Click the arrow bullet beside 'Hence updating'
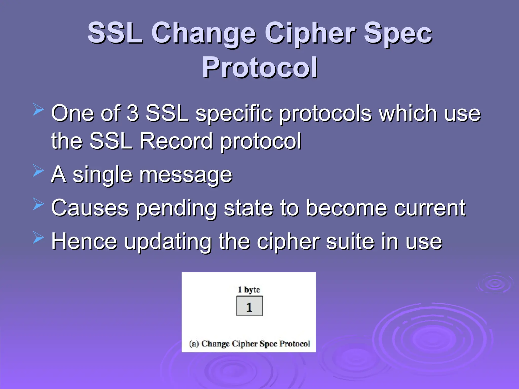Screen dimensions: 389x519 38,238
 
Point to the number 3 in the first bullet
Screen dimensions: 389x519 133,113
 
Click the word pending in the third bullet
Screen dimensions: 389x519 176,208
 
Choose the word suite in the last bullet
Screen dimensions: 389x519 350,242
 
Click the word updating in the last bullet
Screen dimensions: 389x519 168,242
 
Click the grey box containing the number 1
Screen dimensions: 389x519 250,306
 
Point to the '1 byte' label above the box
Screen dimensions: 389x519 249,289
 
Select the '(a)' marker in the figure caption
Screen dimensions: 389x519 194,344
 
